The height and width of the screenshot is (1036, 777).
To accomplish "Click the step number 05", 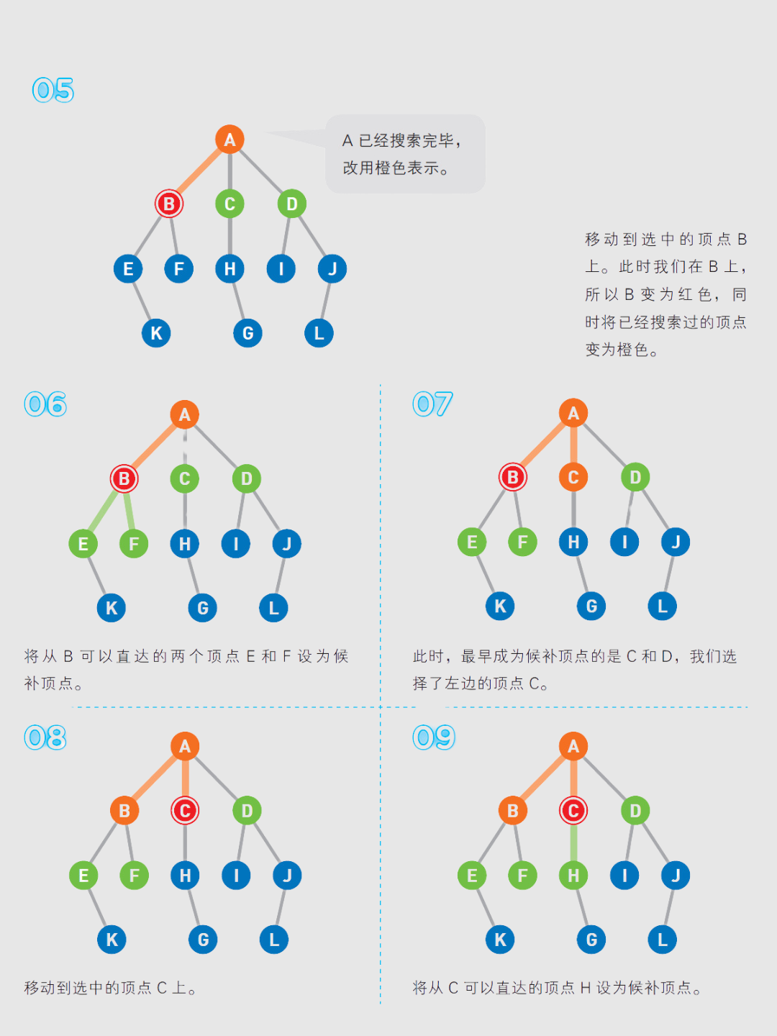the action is [53, 90].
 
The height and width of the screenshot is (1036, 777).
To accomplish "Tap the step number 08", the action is [45, 737].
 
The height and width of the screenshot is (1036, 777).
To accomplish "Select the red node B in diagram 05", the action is [169, 204].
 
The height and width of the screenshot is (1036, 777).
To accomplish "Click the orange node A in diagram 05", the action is [230, 140].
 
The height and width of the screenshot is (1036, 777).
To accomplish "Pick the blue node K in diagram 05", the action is [156, 333].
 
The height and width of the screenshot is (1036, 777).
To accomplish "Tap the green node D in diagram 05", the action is [292, 204].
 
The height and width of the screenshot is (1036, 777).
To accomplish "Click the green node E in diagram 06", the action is [83, 544].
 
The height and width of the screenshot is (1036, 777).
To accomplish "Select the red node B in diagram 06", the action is [124, 478].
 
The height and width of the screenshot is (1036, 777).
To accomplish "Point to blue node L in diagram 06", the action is [273, 608].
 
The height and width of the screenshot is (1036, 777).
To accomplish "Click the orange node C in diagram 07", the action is [573, 477].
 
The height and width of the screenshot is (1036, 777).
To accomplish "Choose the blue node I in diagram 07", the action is [624, 542].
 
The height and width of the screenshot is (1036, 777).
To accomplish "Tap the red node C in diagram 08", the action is [185, 811].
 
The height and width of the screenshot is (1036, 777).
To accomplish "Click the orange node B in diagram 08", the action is [124, 811].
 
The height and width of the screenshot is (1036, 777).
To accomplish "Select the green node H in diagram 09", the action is [573, 876].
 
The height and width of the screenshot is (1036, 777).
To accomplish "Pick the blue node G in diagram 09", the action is [591, 940].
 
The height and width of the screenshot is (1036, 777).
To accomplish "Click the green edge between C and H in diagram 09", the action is [573, 843].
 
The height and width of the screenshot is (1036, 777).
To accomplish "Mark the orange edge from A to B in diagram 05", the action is [199, 171].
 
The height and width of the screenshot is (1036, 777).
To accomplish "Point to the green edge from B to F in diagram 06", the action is [129, 511].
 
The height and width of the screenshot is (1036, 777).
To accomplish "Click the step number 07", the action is [432, 404].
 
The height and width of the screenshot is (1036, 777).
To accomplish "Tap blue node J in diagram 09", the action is [676, 876].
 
